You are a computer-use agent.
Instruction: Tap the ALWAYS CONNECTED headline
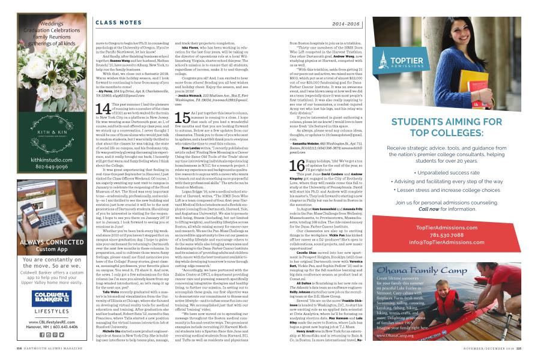(x=42, y=242)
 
